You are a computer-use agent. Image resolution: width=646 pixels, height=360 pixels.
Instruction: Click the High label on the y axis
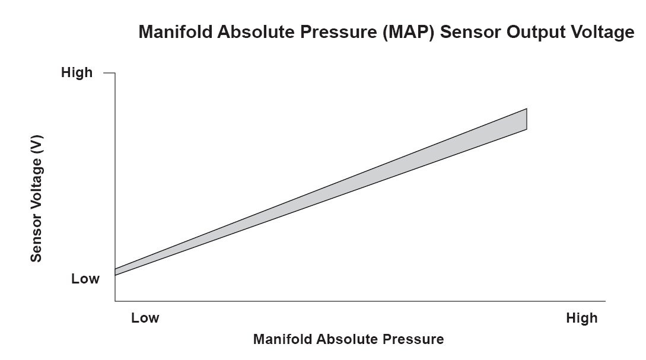(x=77, y=73)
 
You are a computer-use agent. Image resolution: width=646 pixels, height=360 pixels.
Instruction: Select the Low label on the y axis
(x=85, y=279)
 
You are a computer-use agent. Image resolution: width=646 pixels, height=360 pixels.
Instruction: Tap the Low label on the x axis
(x=145, y=318)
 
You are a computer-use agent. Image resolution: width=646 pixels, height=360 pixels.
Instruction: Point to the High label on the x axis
(x=581, y=318)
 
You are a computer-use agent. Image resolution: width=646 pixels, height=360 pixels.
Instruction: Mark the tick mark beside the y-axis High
(x=109, y=73)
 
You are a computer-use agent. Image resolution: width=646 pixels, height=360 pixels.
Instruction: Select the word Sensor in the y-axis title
(x=36, y=239)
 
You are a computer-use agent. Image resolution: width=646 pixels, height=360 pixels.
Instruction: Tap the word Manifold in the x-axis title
(x=282, y=340)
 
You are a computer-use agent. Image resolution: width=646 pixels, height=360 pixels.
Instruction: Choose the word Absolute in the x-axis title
(x=345, y=340)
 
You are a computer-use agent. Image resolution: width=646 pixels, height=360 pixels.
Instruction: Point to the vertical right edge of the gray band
(x=527, y=119)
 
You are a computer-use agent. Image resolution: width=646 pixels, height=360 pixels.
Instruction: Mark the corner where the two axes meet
(x=115, y=302)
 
